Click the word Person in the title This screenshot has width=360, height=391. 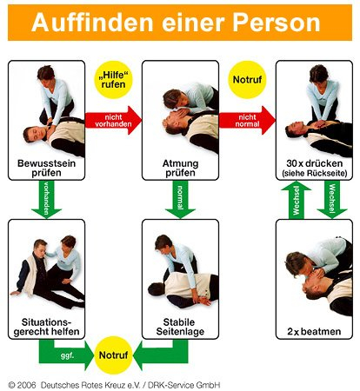pyautogui.click(x=277, y=23)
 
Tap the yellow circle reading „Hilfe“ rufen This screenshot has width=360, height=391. pyautogui.click(x=113, y=80)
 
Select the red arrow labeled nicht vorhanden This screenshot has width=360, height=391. pyautogui.click(x=113, y=121)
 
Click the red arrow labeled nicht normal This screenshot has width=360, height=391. pyautogui.click(x=247, y=121)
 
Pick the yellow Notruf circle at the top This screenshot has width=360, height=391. pyautogui.click(x=247, y=80)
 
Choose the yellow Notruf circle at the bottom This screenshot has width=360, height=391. pyautogui.click(x=113, y=355)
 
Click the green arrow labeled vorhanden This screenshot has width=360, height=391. pyautogui.click(x=46, y=199)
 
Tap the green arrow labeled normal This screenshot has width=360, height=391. pyautogui.click(x=180, y=199)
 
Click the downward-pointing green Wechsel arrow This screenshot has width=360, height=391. pyautogui.click(x=332, y=199)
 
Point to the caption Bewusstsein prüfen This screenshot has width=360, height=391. pyautogui.click(x=46, y=168)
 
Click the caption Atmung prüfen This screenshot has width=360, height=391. pyautogui.click(x=180, y=168)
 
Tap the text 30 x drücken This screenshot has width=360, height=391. pyautogui.click(x=315, y=163)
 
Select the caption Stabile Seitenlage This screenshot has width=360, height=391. pyautogui.click(x=180, y=327)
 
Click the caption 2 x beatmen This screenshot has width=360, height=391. pyautogui.click(x=314, y=331)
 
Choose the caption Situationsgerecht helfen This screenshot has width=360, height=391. pyautogui.click(x=46, y=327)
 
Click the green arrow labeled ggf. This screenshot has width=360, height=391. pyautogui.click(x=66, y=355)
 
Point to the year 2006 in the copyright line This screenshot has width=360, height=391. pyautogui.click(x=26, y=385)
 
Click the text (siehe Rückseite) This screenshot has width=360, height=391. pyautogui.click(x=315, y=174)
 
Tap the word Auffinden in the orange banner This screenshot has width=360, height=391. pyautogui.click(x=92, y=23)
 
